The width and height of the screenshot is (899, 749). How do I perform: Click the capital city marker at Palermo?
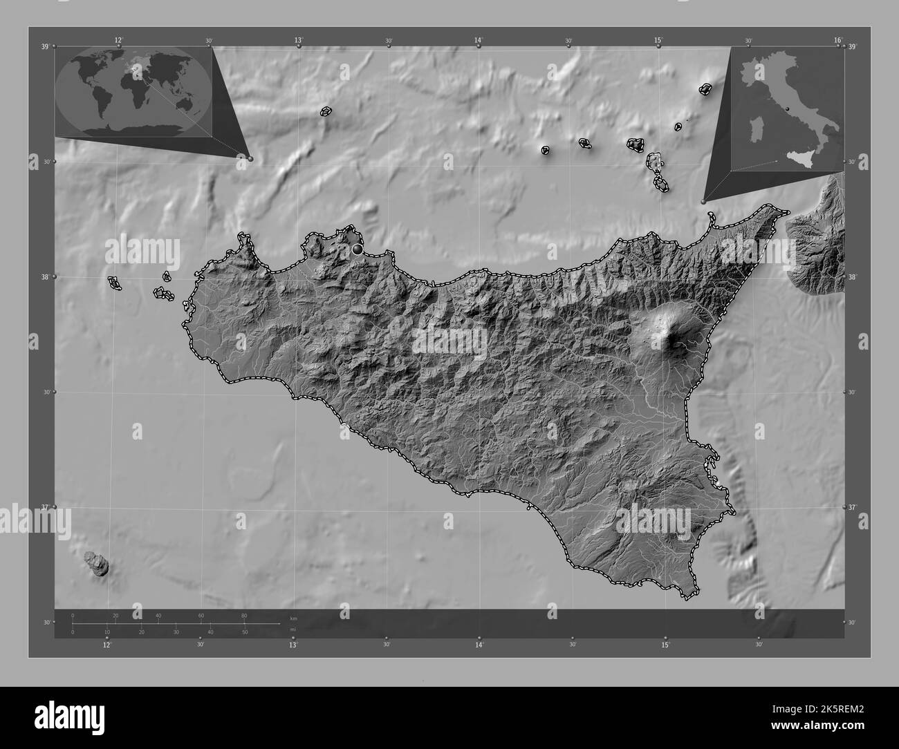[358, 248]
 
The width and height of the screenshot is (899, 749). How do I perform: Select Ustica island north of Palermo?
[325, 111]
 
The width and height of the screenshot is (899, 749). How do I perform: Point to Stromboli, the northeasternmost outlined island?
[706, 89]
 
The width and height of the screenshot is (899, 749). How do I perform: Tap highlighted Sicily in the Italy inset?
[796, 160]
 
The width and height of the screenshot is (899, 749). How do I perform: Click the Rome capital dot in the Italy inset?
[786, 108]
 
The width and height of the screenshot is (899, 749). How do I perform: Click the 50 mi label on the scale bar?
[245, 632]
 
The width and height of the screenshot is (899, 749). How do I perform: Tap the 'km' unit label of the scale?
[294, 618]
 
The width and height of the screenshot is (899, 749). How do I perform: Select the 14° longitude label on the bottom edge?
[479, 645]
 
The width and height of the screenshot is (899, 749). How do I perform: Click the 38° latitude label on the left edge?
[46, 277]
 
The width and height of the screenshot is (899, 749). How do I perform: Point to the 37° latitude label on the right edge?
[853, 507]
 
